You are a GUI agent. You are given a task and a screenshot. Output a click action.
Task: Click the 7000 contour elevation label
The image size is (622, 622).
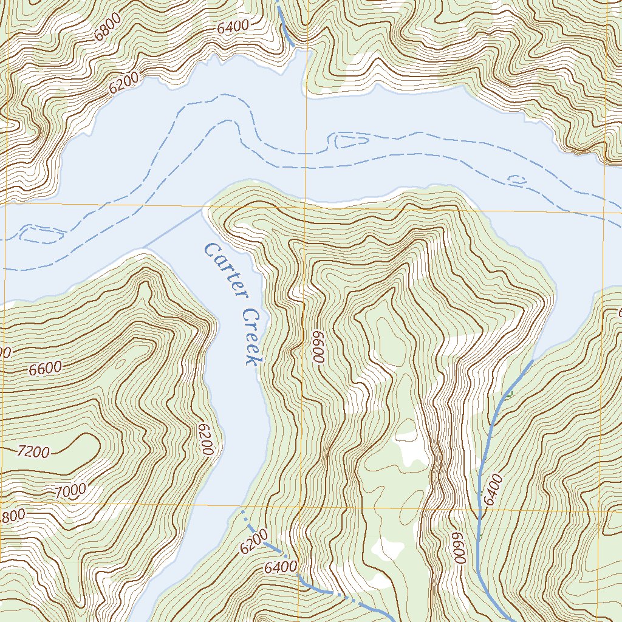pos(70,490)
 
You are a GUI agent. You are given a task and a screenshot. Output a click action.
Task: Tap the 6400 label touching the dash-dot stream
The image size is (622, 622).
pos(281,568)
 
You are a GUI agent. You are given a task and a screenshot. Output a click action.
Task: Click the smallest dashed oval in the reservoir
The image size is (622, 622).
pos(518,180)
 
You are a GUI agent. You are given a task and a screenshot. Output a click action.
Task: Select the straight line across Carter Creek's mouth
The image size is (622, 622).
pos(172,230)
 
